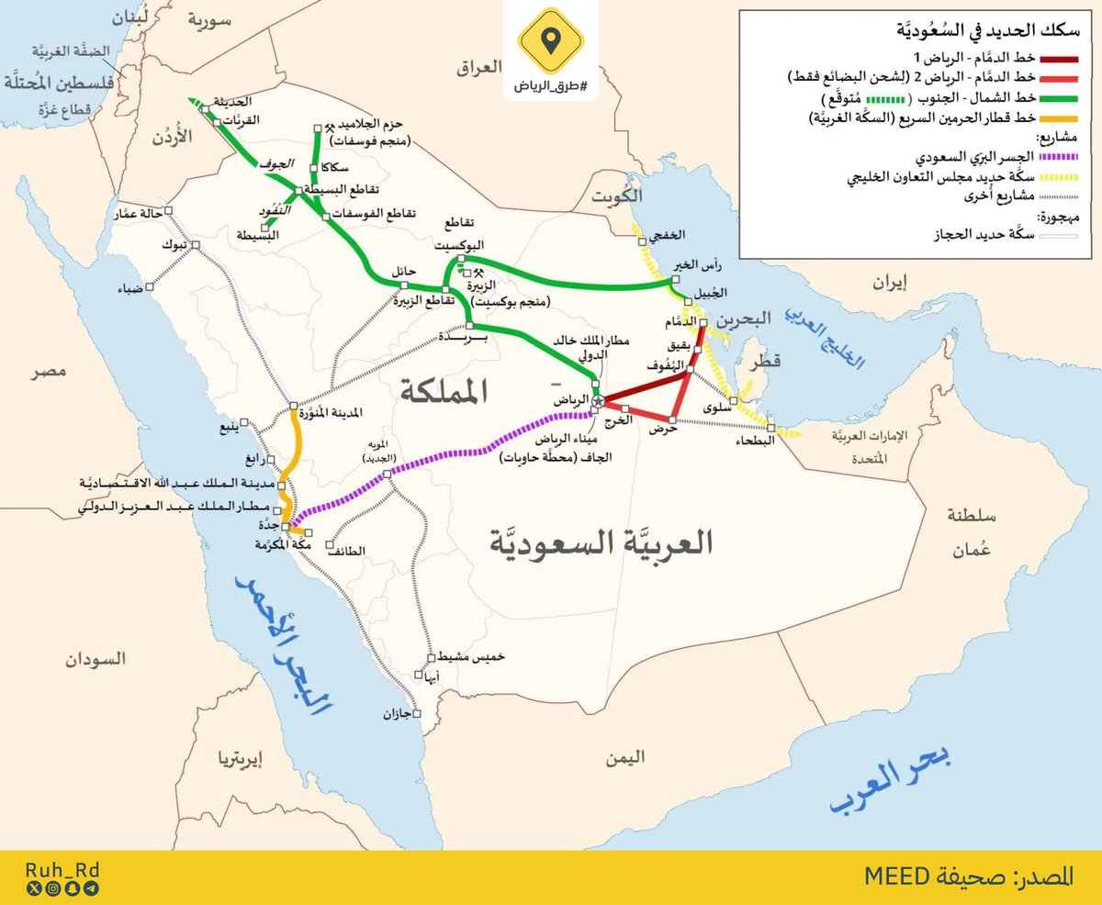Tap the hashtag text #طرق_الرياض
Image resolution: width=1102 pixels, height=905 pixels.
[550, 85]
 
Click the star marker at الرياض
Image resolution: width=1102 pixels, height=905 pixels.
[598, 401]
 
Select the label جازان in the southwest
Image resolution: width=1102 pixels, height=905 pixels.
[397, 713]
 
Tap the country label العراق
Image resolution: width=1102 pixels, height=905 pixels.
[479, 67]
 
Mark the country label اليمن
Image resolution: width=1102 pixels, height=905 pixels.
[624, 757]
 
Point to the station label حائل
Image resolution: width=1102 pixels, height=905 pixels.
[405, 273]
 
